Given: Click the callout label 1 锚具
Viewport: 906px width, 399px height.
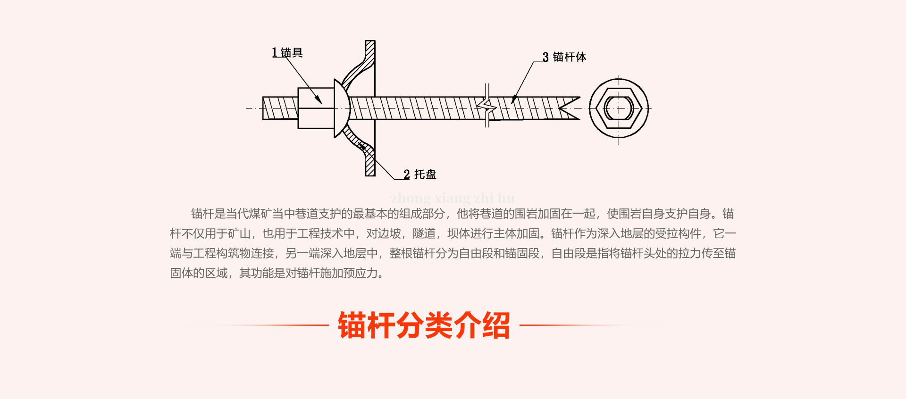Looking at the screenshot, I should [x=287, y=52].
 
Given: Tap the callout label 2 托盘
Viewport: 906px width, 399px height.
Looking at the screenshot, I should [x=420, y=174].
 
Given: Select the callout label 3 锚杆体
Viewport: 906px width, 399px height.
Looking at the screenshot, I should [x=564, y=57].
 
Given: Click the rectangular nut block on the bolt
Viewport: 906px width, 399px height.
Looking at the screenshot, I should [x=315, y=108].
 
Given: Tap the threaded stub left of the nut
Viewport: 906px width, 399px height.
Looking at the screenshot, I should [x=280, y=108].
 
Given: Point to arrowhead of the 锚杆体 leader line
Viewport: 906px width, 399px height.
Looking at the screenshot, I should [x=513, y=100].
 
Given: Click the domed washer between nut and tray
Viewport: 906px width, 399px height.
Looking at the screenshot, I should [x=341, y=108].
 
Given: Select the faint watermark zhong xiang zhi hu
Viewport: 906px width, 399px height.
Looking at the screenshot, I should [x=453, y=198].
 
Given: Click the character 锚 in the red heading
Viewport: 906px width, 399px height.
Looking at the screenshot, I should [x=352, y=325].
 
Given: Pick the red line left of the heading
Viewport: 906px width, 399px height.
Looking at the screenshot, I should [x=264, y=325].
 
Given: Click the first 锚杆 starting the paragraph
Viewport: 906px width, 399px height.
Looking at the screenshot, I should [x=202, y=214].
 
